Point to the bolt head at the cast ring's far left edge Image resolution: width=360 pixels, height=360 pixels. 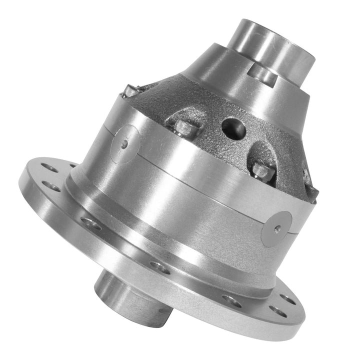coord(128,90)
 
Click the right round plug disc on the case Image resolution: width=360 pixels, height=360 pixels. coord(276,227)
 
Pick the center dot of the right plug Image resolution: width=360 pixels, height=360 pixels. coord(277,227)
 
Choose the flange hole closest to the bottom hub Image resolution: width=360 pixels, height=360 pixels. coord(159,268)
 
